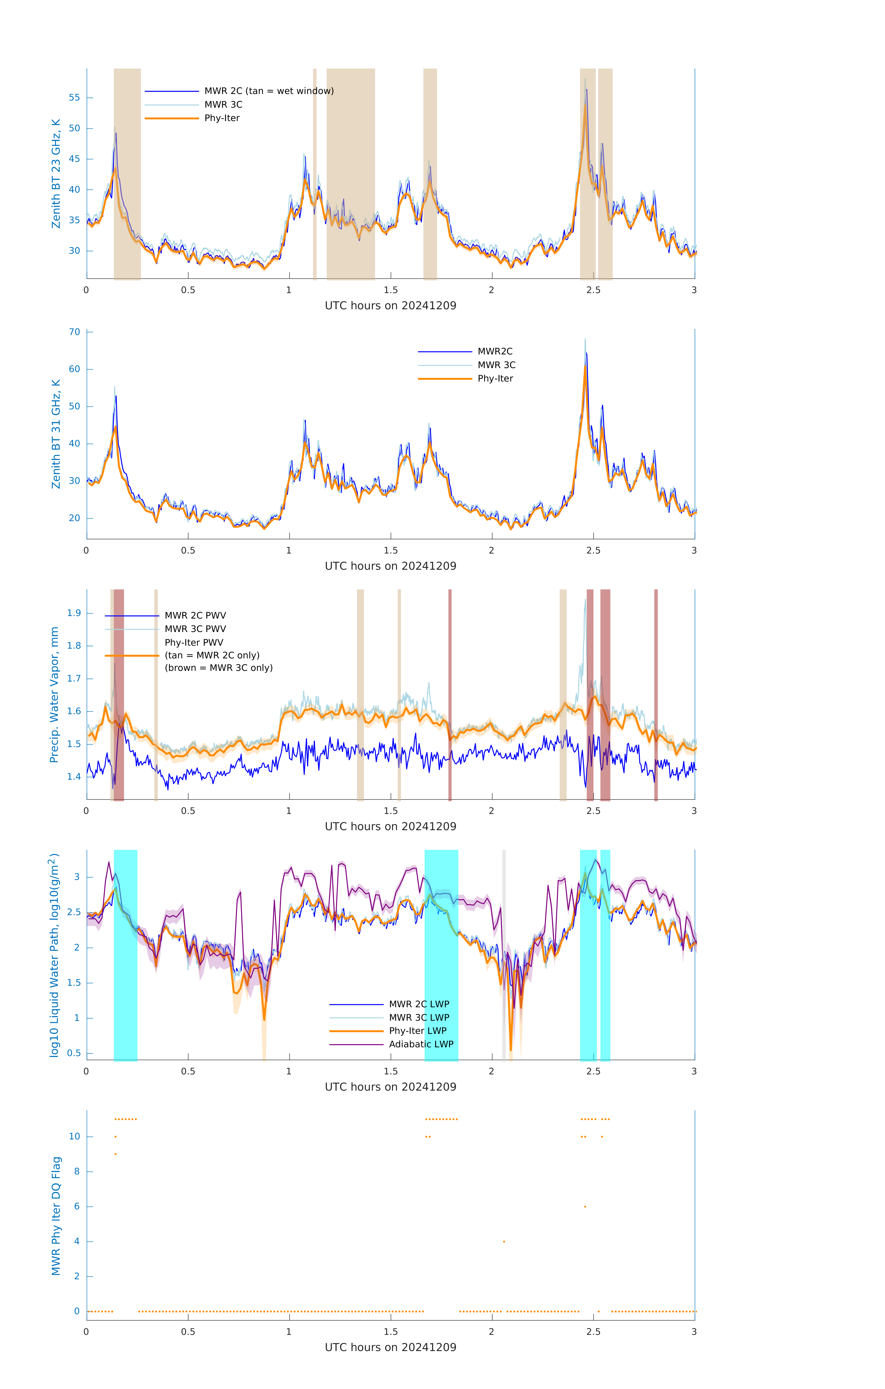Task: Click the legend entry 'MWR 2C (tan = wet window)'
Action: click(x=269, y=91)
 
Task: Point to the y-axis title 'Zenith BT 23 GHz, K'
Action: click(x=56, y=174)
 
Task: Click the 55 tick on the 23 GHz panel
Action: click(x=74, y=97)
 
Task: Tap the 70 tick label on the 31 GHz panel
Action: click(x=74, y=332)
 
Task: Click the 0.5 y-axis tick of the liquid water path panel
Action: click(x=74, y=1053)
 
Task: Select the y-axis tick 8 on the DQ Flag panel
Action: click(x=77, y=1172)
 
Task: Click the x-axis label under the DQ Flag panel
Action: click(x=390, y=1348)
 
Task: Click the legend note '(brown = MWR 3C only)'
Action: click(x=218, y=668)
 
